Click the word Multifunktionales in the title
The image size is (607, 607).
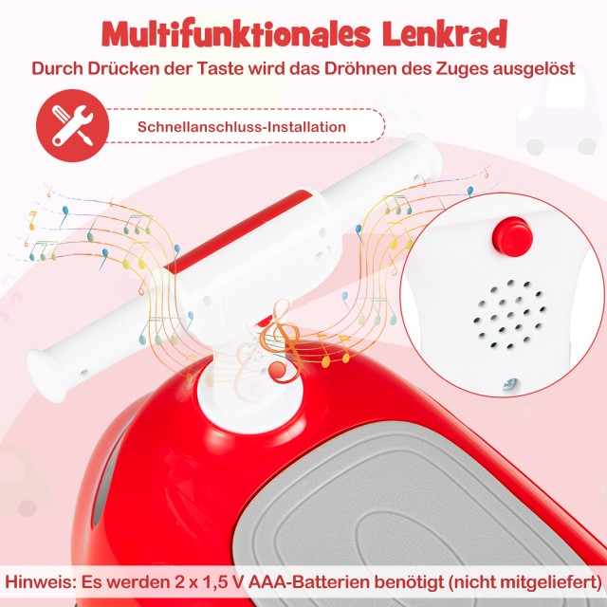click(x=236, y=34)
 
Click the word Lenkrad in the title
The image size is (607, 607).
click(x=445, y=33)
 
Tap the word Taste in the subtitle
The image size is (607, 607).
click(x=220, y=68)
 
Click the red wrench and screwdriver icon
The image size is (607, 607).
click(x=73, y=126)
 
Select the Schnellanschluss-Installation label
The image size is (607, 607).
click(x=242, y=127)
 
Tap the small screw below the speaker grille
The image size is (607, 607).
click(x=510, y=383)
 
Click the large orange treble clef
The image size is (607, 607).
click(x=281, y=340)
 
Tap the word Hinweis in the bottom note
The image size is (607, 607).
click(x=40, y=581)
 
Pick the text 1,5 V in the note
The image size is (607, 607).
click(x=218, y=581)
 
